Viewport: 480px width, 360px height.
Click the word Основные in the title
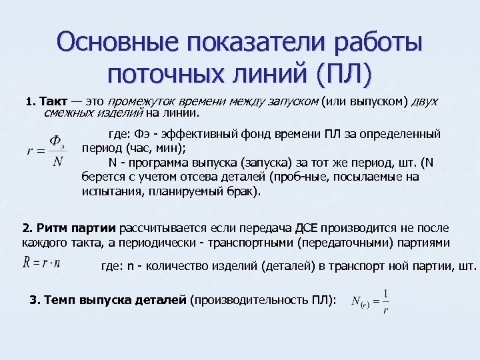[118, 43]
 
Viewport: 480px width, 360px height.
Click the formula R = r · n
[41, 262]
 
